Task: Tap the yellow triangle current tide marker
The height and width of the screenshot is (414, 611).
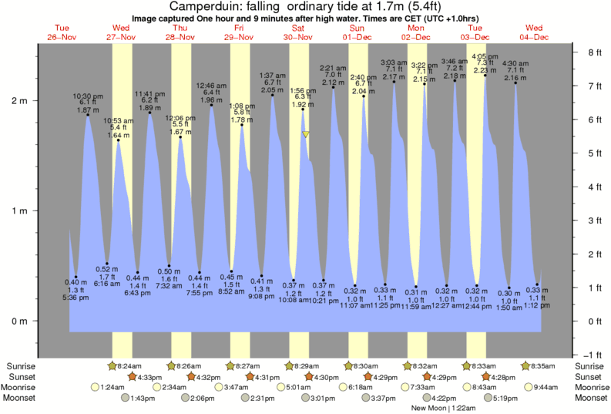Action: (306, 134)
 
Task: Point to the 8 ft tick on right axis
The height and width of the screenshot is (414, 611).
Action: (594, 52)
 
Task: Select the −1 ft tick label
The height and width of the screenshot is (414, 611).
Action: (593, 355)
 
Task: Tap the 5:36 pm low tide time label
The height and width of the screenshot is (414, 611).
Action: (76, 298)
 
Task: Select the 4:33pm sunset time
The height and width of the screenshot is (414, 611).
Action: (150, 376)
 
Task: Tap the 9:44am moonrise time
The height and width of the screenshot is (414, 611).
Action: (546, 387)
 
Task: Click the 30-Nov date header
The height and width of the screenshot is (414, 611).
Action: (298, 37)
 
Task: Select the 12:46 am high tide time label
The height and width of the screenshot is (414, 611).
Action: (210, 85)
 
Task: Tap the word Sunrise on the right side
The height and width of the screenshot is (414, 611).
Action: (590, 365)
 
